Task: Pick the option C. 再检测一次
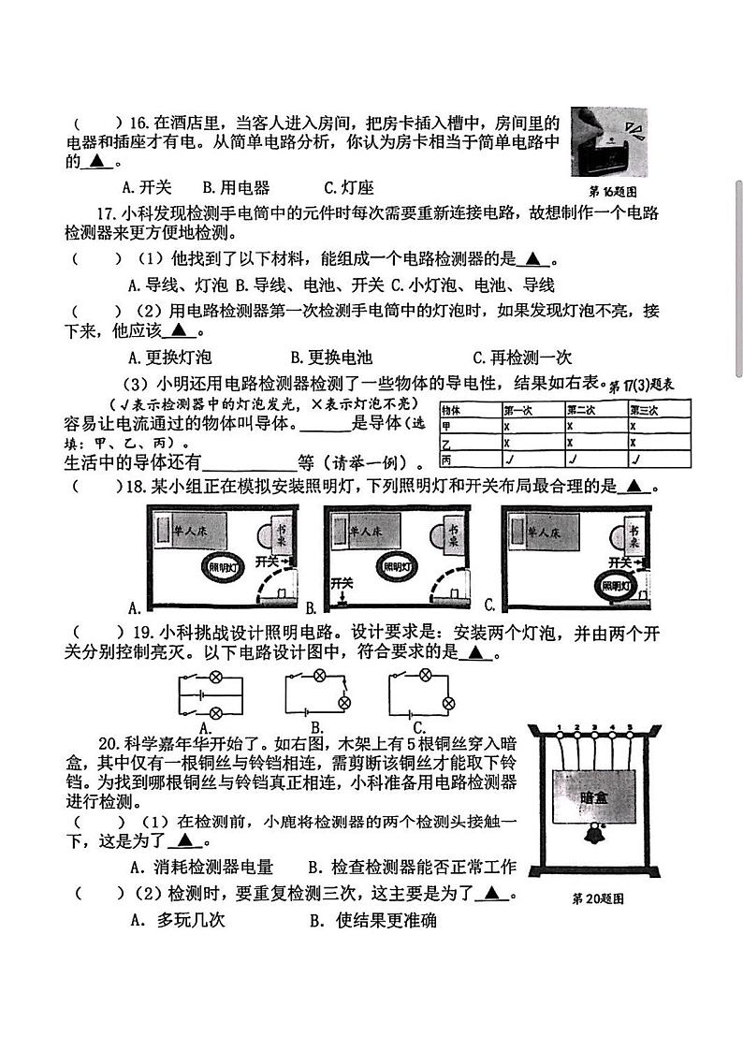click(522, 357)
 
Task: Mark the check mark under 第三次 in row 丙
click(635, 460)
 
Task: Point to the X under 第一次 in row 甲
click(507, 426)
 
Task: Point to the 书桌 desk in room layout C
click(634, 536)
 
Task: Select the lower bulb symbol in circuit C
click(448, 703)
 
